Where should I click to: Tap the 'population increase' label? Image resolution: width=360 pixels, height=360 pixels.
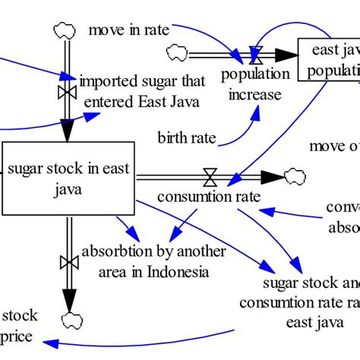point(255,84)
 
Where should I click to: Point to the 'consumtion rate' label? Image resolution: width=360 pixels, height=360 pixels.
point(209,196)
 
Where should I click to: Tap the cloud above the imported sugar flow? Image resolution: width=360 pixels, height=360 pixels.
point(63,30)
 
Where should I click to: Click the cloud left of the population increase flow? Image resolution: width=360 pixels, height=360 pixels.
point(176,52)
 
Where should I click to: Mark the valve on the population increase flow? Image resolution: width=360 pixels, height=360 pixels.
point(257,54)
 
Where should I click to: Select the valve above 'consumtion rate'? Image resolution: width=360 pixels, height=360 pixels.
point(209,178)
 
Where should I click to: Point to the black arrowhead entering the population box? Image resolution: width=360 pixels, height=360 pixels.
point(284,54)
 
